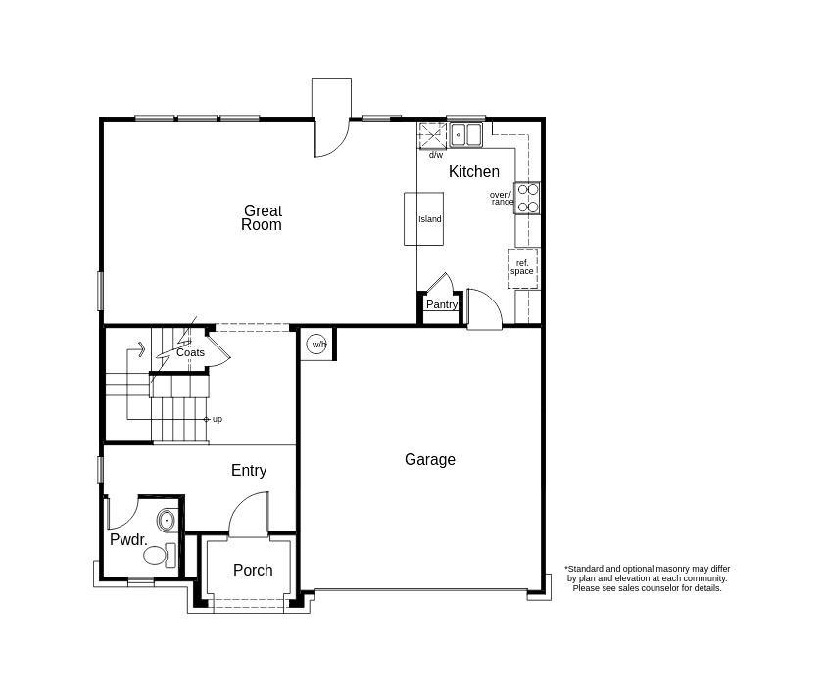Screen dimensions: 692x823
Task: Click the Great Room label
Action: [262, 217]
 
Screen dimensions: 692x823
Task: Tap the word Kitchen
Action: [474, 171]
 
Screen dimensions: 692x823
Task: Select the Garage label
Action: [429, 459]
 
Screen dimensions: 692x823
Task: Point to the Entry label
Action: [249, 471]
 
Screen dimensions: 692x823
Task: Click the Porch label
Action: [253, 570]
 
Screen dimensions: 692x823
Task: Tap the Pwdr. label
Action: [128, 539]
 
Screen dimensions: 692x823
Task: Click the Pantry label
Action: [442, 304]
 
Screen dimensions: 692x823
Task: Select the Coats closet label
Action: [191, 352]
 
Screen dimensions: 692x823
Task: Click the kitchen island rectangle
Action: [423, 218]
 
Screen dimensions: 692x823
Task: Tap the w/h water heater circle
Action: [317, 344]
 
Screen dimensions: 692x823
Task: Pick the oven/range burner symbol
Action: [528, 198]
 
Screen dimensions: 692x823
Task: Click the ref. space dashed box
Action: [522, 267]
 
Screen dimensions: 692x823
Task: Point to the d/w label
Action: [435, 155]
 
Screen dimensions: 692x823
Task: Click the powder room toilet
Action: [159, 556]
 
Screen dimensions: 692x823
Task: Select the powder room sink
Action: [167, 519]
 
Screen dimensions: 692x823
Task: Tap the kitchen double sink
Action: [466, 134]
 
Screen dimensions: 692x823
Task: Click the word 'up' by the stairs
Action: [217, 419]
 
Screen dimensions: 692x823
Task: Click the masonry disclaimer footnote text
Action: [647, 578]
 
